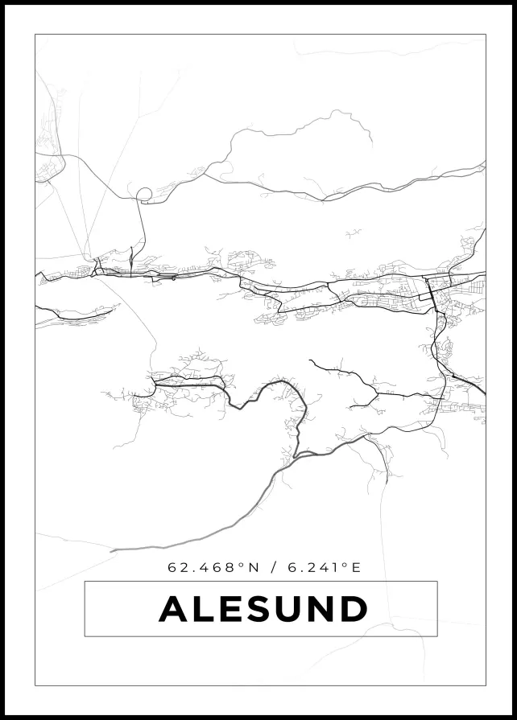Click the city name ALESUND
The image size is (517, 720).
263,609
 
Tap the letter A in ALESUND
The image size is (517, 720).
175,609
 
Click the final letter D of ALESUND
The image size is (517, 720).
354,609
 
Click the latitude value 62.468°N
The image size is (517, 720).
213,567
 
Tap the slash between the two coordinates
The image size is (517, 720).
274,567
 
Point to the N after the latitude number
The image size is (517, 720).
254,567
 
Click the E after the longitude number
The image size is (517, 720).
357,567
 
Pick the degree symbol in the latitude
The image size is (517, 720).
242,564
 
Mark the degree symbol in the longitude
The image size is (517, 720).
345,564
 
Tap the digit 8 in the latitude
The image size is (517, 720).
233,567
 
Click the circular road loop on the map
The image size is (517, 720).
144,194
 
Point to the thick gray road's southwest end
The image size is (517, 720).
113,550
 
